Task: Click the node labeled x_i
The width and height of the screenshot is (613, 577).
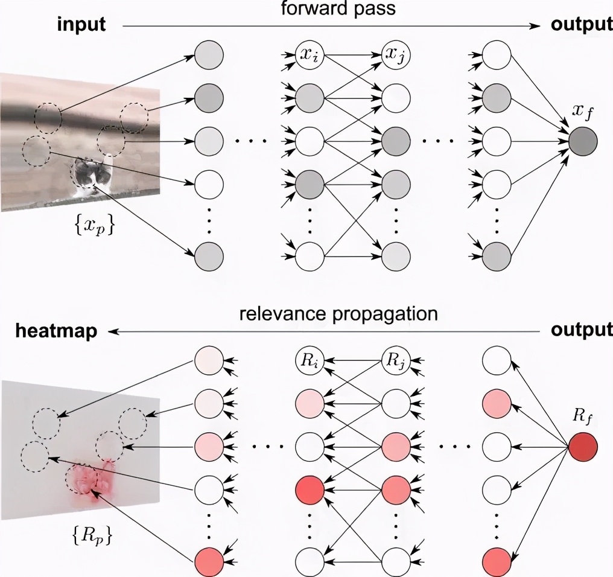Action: (x=310, y=56)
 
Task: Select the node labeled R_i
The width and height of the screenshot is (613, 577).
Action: (x=310, y=362)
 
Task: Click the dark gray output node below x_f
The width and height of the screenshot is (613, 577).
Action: (x=583, y=142)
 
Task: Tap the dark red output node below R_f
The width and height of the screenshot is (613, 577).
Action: (x=583, y=448)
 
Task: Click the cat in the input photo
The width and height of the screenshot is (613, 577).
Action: (x=92, y=175)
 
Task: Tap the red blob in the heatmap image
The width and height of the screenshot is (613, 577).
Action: (x=91, y=480)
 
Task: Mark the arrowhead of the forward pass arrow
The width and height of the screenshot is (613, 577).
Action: (x=536, y=26)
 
